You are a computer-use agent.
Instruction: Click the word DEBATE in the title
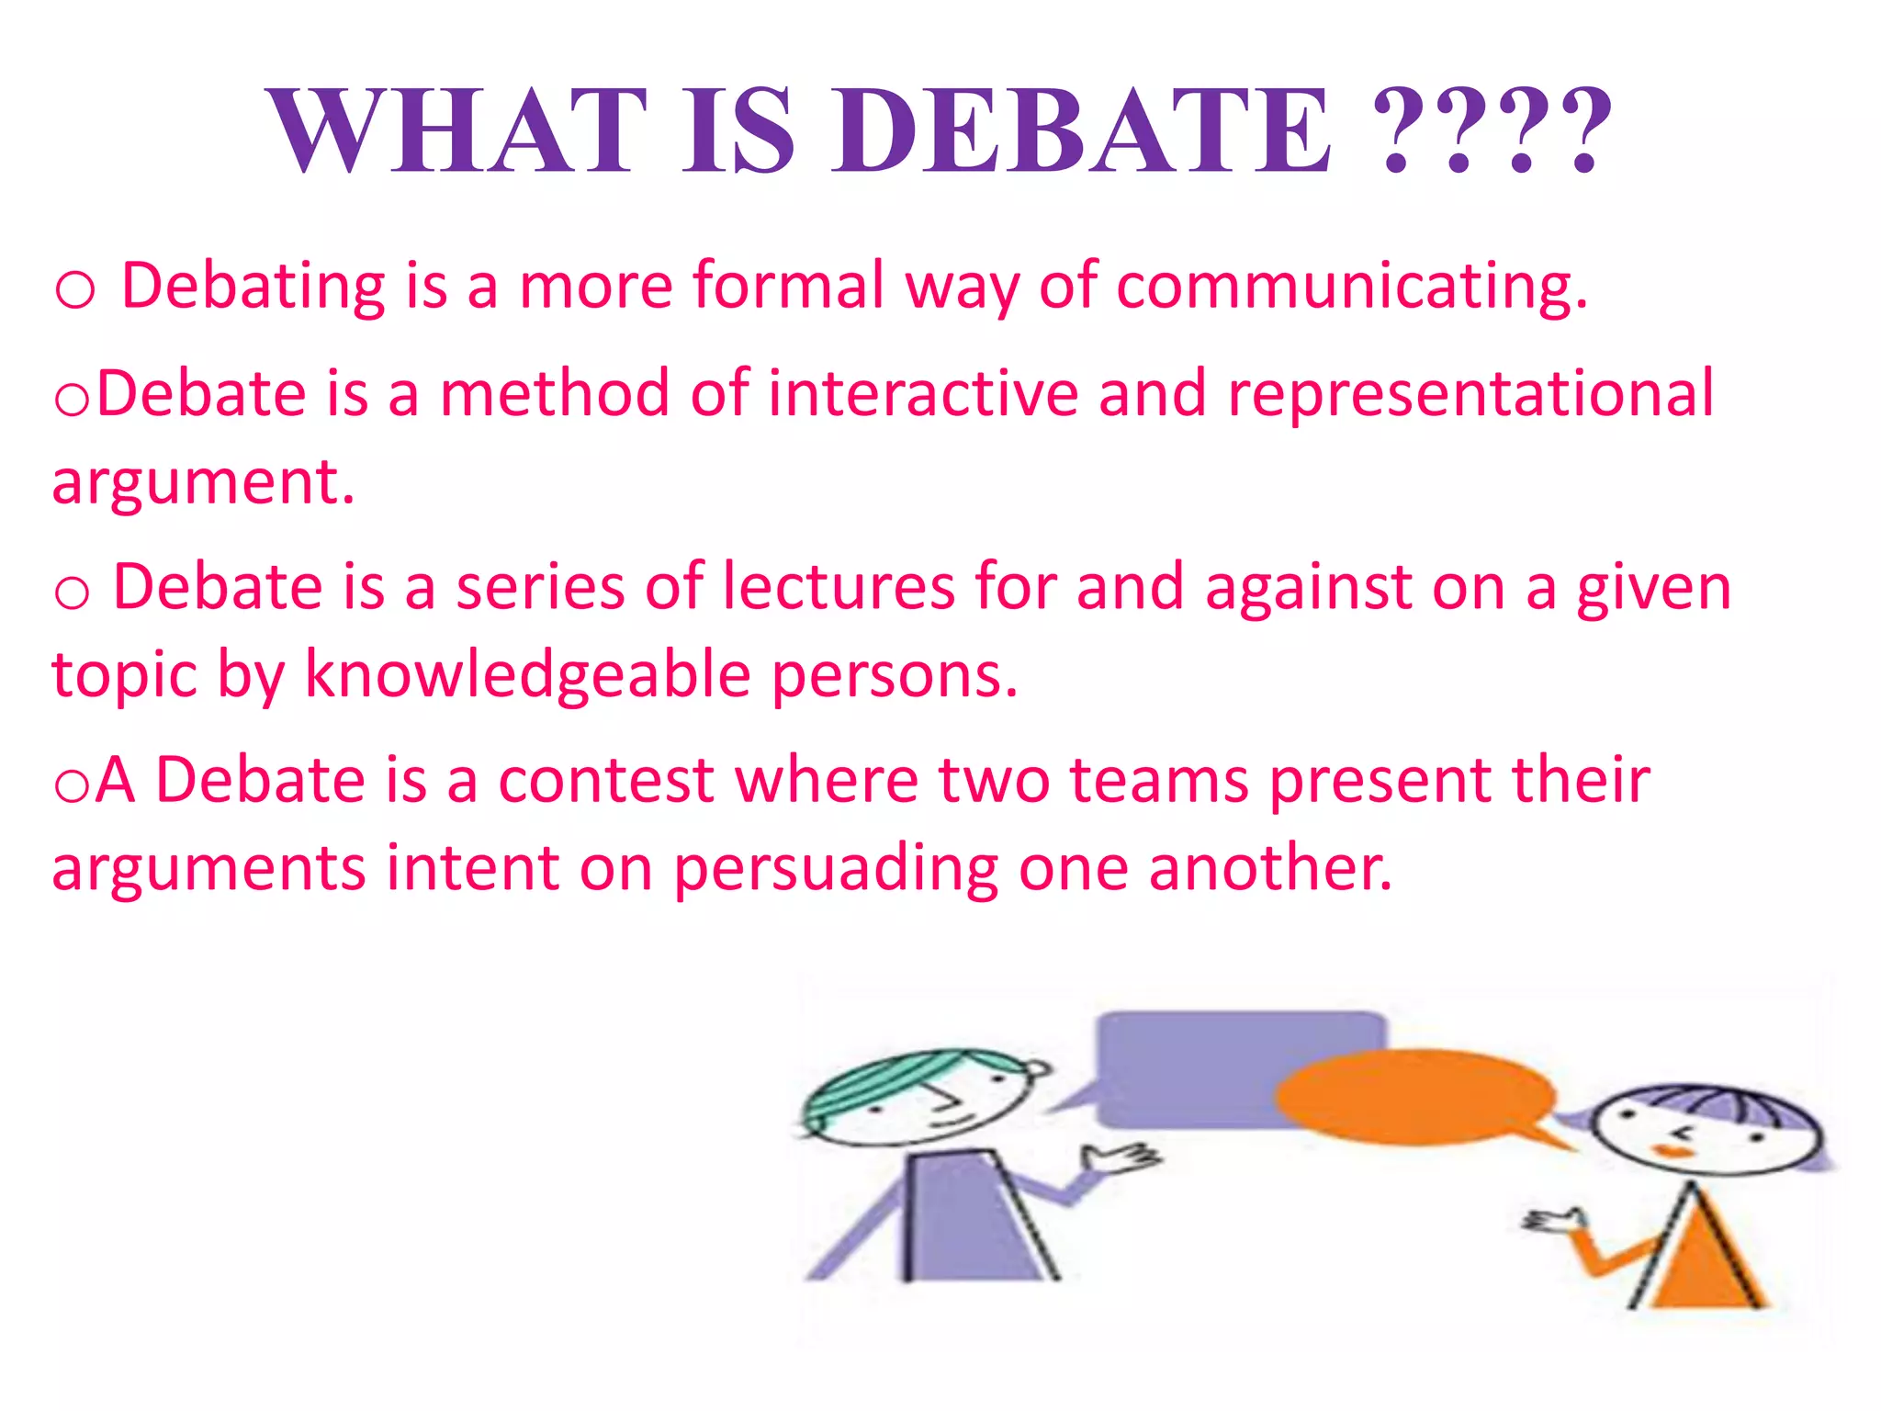click(x=1081, y=130)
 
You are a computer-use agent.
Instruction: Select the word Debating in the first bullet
click(x=253, y=287)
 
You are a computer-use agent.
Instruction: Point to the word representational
click(x=1470, y=393)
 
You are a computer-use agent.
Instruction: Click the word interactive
click(x=922, y=393)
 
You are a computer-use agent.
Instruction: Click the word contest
click(x=606, y=780)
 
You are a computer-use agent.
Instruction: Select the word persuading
click(x=836, y=868)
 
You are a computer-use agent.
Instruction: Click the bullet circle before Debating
click(x=74, y=290)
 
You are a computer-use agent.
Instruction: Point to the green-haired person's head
click(x=918, y=1098)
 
